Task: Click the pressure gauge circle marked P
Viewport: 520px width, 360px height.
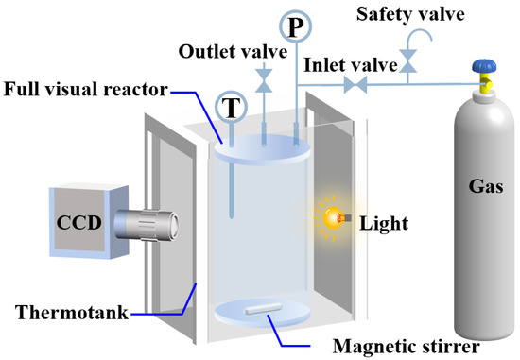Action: pos(296,26)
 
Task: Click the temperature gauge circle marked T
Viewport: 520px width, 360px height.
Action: pos(231,107)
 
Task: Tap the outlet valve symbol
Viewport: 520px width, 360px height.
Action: pos(264,80)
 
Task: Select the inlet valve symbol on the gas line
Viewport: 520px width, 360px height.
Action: pos(355,85)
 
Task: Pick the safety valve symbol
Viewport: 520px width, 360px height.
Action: pos(407,61)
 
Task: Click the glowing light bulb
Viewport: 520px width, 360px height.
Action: pos(333,217)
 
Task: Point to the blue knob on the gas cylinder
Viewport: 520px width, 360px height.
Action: pos(484,66)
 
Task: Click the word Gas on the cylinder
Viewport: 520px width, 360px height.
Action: pos(486,186)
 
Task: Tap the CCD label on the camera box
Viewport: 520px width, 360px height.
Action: pos(78,222)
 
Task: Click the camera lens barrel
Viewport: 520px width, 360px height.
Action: pos(147,225)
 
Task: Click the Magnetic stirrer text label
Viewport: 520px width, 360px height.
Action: pos(407,347)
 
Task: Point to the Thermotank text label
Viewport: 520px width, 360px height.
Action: pos(72,312)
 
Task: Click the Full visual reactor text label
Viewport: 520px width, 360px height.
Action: pos(86,89)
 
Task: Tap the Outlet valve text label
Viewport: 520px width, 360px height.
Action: pos(233,51)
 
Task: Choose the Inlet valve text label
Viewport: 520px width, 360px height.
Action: pos(351,64)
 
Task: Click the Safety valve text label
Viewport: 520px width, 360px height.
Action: pos(410,14)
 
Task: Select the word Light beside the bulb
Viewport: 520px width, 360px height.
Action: pos(384,224)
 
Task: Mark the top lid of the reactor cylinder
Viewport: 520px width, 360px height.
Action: pos(262,149)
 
